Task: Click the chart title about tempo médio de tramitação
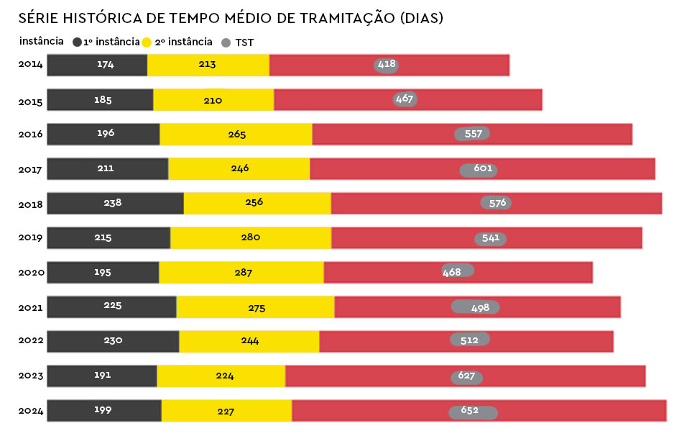(x=230, y=18)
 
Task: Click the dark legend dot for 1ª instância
(x=77, y=42)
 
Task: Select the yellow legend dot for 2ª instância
(x=148, y=42)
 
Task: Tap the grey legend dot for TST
(x=226, y=43)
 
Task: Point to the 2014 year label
(x=31, y=65)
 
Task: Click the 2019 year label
(x=31, y=237)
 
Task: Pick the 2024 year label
(x=31, y=411)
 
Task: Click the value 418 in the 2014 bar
(x=387, y=65)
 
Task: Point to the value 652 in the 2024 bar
(x=469, y=411)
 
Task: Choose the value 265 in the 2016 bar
(x=236, y=135)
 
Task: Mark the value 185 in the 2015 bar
(x=103, y=100)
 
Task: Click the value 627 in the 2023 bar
(x=467, y=376)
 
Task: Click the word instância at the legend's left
(x=42, y=41)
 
